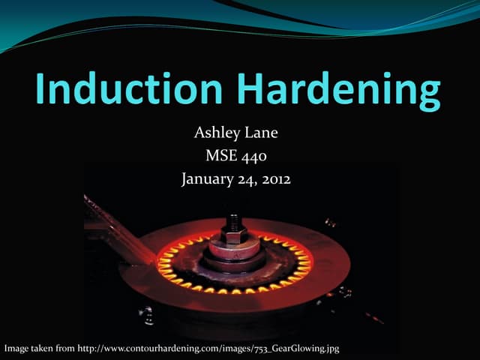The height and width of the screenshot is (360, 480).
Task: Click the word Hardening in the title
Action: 348,91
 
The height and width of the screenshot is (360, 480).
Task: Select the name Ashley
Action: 215,134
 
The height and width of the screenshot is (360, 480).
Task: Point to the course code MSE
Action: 221,157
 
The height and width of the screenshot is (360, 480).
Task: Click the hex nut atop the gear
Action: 233,234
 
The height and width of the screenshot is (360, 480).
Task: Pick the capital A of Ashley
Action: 199,133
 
